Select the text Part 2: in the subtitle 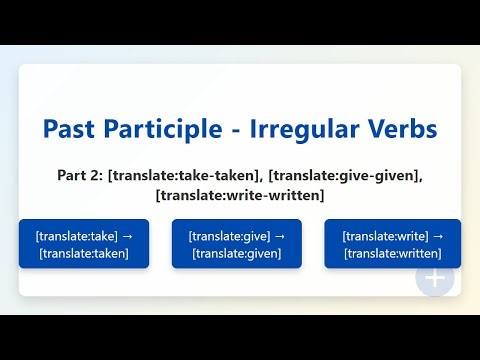[80, 175]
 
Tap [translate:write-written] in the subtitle [240, 194]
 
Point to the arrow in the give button [280, 236]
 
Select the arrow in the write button [437, 236]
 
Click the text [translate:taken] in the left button [84, 253]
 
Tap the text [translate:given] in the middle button [238, 253]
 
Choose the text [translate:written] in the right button [392, 253]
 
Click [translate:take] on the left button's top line [76, 236]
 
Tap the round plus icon [435, 277]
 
